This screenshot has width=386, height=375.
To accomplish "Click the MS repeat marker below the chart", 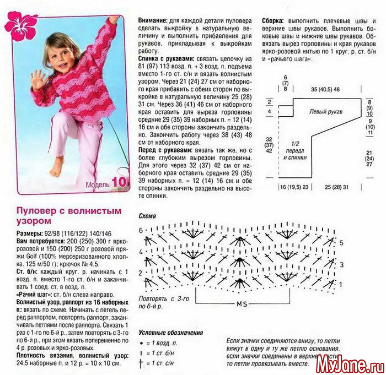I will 241,304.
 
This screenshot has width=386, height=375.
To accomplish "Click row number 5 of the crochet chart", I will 341,243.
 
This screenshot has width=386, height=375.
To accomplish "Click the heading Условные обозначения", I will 170,333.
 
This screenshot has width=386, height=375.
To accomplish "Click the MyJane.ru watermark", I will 352,365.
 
